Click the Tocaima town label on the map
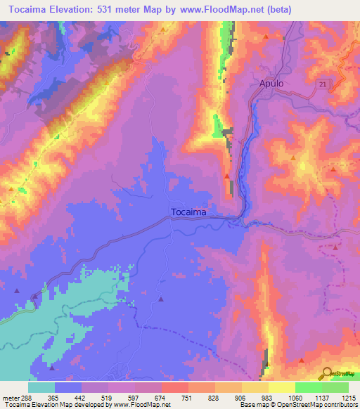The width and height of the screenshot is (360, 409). [x=188, y=212]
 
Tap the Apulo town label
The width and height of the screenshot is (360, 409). [x=271, y=83]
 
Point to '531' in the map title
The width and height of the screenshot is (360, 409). [x=114, y=9]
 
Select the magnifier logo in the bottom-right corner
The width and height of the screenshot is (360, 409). [x=326, y=374]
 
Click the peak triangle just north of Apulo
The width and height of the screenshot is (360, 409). [x=266, y=37]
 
